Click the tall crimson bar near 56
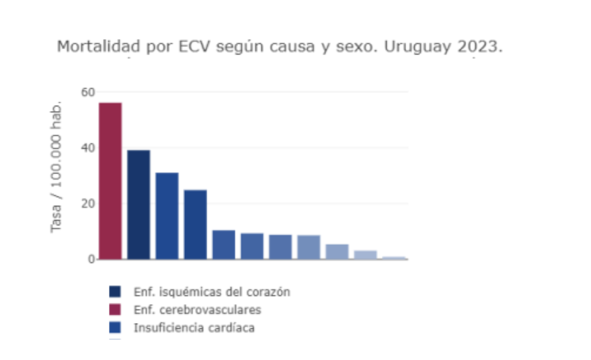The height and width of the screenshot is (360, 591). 110,180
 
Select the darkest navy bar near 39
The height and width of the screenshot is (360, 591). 139,204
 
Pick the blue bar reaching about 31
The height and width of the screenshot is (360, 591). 167,215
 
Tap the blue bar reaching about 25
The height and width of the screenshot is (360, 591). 195,224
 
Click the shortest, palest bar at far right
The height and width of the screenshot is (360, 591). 394,258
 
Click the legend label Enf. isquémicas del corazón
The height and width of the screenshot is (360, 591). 212,292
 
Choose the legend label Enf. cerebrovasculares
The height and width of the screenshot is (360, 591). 197,310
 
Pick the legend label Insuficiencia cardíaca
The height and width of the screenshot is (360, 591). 194,328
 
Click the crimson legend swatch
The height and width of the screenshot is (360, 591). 115,310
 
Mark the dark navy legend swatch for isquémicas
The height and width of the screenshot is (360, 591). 115,292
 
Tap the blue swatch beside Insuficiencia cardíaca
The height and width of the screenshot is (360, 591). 115,328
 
